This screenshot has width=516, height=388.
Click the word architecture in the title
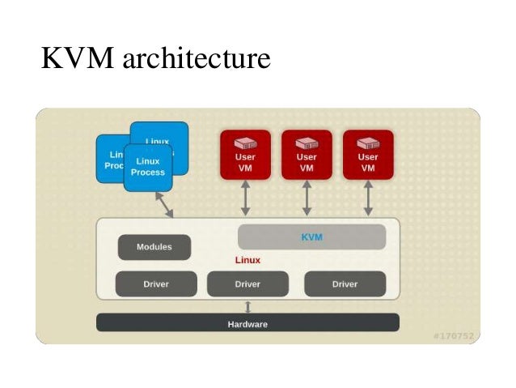[193, 58]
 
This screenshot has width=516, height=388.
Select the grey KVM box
[311, 237]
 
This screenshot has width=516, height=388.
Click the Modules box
[154, 247]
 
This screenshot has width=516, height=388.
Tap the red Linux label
[247, 261]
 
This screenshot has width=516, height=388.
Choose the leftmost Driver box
[156, 284]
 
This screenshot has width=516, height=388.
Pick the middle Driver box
[247, 284]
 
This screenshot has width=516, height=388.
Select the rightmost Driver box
[345, 284]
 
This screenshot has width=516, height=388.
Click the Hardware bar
[247, 323]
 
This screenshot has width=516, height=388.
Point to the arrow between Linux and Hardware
[247, 307]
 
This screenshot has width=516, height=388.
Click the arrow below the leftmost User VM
[245, 198]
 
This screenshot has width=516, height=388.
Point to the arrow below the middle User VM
[307, 198]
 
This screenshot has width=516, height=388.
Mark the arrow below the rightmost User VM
[368, 198]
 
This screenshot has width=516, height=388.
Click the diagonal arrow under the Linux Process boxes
[165, 205]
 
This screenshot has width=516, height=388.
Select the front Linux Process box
[148, 168]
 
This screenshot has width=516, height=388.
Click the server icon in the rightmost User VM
[368, 143]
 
